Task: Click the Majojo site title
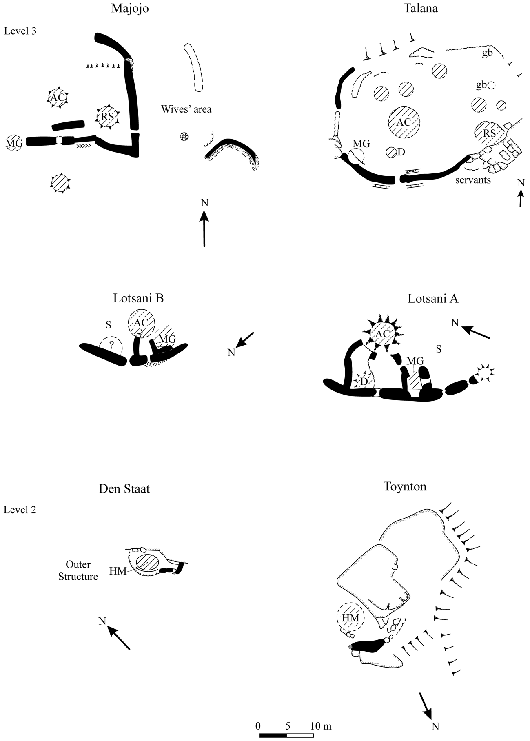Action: pos(130,9)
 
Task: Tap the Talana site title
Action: pos(421,8)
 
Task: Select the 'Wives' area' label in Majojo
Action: pos(186,109)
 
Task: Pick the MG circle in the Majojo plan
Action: pos(14,143)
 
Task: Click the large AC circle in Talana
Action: pos(404,122)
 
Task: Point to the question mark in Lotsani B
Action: pos(111,345)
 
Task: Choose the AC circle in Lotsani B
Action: pos(141,323)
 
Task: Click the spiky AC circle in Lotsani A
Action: pos(383,334)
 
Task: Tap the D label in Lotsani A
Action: pos(365,381)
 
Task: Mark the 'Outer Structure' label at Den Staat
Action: pos(78,570)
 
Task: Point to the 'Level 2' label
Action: pos(20,510)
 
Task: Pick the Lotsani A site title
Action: pos(433,299)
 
